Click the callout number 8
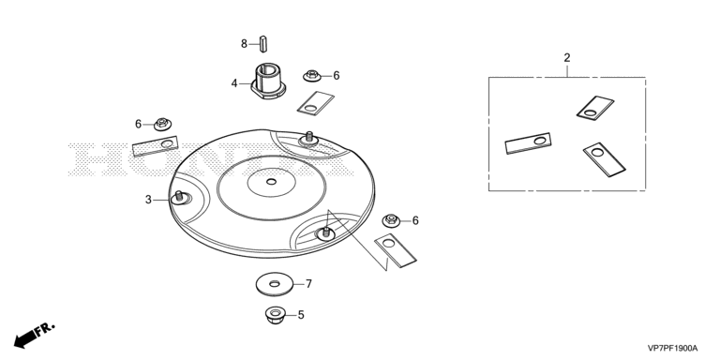[x=244, y=44]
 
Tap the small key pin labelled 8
[x=263, y=44]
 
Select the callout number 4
[x=234, y=83]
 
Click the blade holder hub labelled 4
[x=269, y=81]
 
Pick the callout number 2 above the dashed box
[x=567, y=58]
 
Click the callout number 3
[x=148, y=200]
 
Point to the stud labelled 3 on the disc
[x=180, y=198]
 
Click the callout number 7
[x=308, y=284]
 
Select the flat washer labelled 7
[x=275, y=284]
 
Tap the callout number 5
[x=301, y=315]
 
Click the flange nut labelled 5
[x=275, y=315]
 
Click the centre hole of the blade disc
[x=271, y=182]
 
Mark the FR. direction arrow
[x=35, y=335]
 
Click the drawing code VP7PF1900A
[x=672, y=348]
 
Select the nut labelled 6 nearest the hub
[x=312, y=76]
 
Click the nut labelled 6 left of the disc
[x=162, y=124]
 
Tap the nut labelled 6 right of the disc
[x=391, y=220]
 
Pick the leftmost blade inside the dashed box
[x=528, y=143]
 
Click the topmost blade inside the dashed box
[x=595, y=108]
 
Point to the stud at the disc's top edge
[x=309, y=138]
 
